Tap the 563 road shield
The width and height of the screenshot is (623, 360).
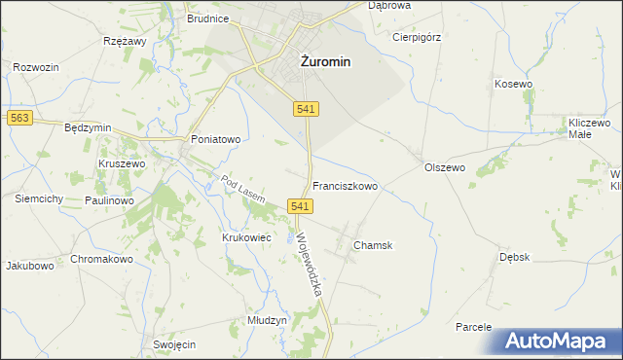[19, 118]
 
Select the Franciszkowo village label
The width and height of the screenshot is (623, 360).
[345, 185]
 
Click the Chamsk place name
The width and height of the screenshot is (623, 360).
[373, 245]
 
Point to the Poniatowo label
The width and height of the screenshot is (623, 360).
[215, 139]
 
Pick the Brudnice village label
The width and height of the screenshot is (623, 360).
[207, 18]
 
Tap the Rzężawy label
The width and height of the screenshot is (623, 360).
[124, 42]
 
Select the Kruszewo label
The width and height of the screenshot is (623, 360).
[122, 164]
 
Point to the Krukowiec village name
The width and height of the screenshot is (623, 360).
[244, 236]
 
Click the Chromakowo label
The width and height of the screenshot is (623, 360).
[101, 260]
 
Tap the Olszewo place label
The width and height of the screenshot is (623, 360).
[445, 167]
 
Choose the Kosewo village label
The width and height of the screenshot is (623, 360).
[514, 85]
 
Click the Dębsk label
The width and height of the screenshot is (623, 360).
[514, 257]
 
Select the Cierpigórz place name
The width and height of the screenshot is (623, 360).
[417, 38]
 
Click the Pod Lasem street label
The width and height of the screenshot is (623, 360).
[242, 189]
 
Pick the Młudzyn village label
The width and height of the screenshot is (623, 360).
[266, 320]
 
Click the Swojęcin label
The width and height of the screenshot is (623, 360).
[175, 344]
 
